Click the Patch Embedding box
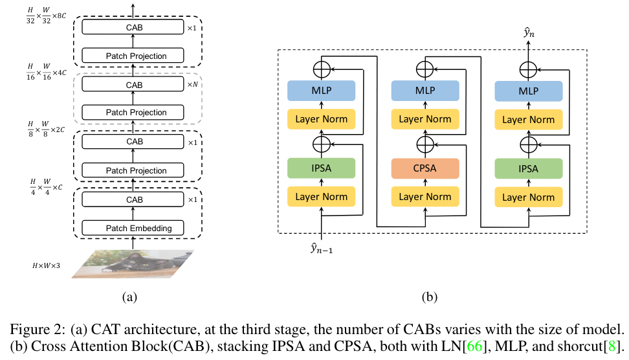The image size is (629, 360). tap(135, 228)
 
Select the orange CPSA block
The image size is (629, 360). tap(425, 169)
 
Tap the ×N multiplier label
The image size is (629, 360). tap(192, 85)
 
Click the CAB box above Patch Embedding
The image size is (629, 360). tap(135, 200)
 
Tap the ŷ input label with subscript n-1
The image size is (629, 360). tap(322, 247)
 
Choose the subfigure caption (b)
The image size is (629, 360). tap(430, 297)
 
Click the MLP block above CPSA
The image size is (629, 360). tap(425, 91)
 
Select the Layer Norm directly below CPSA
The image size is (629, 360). tap(425, 197)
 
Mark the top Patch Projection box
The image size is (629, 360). tap(135, 56)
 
